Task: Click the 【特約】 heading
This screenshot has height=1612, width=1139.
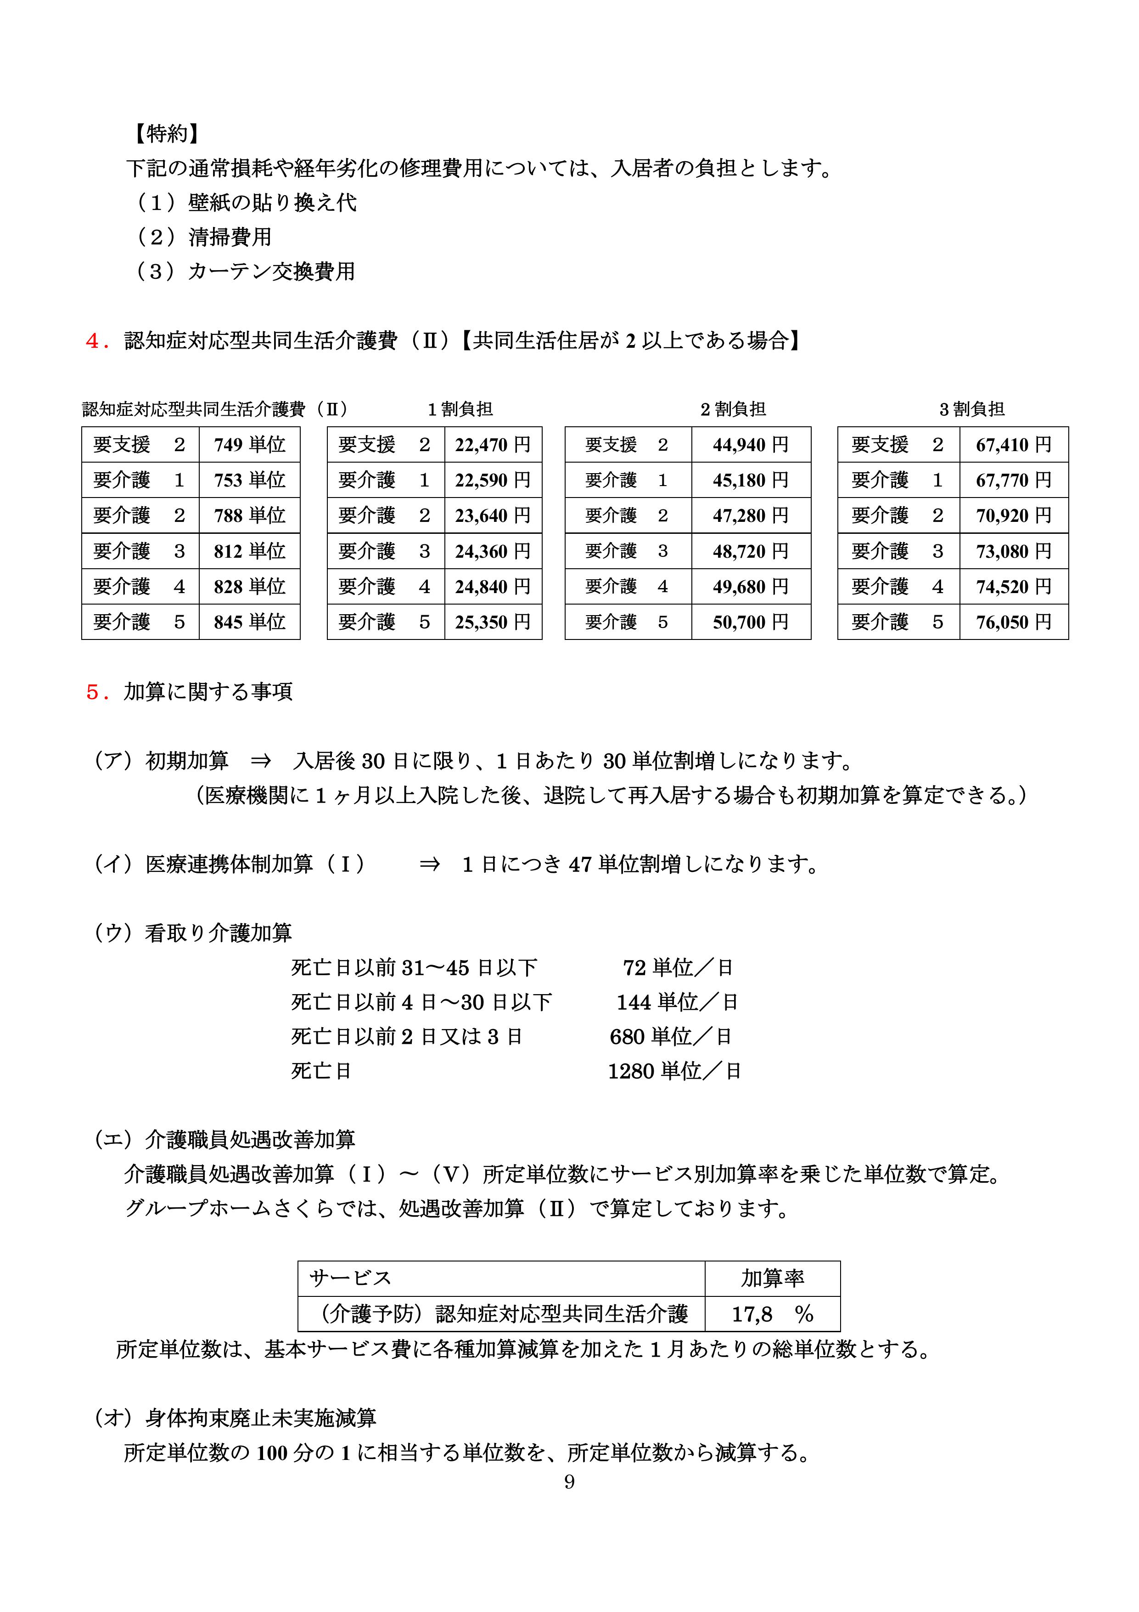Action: [166, 133]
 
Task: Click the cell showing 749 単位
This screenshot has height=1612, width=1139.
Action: [249, 444]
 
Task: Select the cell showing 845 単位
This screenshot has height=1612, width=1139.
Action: [249, 622]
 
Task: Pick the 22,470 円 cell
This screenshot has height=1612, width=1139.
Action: [493, 444]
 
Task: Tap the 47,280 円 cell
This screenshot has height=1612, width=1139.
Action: [750, 515]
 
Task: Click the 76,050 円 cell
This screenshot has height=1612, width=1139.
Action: [1013, 622]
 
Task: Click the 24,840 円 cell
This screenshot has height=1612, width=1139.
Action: [493, 586]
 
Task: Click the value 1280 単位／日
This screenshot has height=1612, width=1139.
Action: [674, 1071]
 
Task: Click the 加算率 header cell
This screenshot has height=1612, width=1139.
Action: [772, 1278]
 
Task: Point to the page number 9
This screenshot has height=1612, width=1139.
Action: [569, 1482]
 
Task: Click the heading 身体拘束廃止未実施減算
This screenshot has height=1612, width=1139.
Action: [260, 1418]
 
